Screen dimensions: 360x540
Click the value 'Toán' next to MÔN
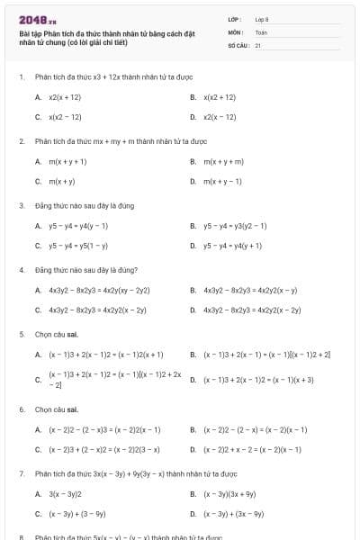261,31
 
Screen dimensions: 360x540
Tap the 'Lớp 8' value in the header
262,18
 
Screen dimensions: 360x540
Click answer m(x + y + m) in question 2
224,161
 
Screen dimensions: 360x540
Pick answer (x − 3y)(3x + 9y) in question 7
229,494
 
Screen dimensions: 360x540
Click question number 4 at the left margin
21,270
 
